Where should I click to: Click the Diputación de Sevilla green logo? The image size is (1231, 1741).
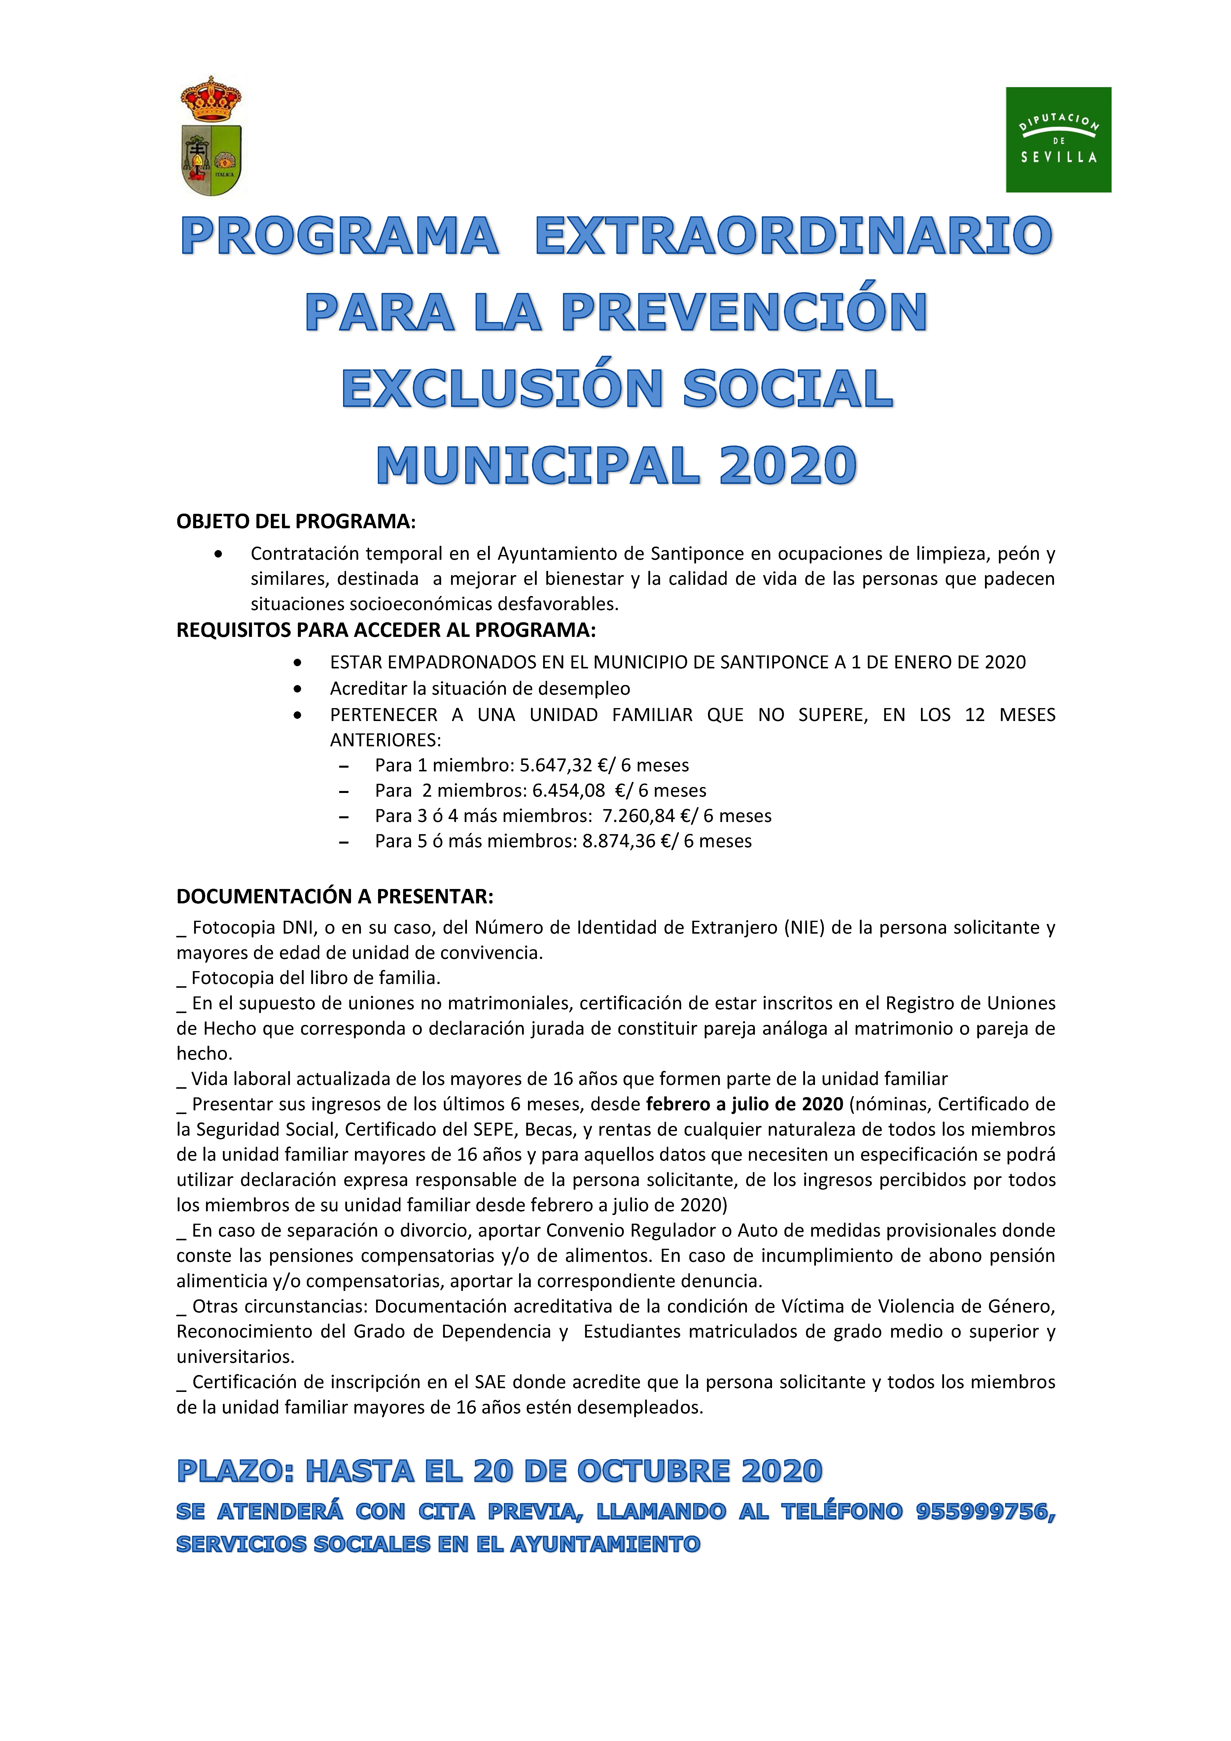tap(1058, 139)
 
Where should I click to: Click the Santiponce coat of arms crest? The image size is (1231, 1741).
tap(211, 136)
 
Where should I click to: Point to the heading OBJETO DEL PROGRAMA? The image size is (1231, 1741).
tap(296, 522)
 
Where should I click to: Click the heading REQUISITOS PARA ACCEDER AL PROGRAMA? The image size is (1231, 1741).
tap(386, 630)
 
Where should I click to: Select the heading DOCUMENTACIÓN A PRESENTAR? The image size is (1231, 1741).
tap(334, 896)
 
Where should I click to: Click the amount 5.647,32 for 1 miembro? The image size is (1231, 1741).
tap(555, 765)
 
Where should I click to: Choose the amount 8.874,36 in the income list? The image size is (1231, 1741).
tap(618, 841)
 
